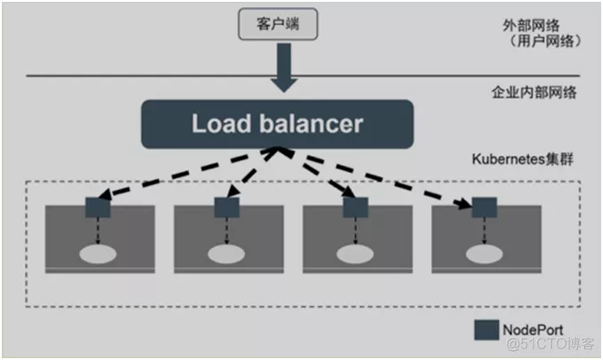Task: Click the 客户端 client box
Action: tap(278, 24)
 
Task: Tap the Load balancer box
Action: tap(277, 124)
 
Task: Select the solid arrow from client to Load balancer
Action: tap(284, 68)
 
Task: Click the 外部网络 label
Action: tap(531, 25)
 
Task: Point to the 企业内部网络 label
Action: tap(534, 93)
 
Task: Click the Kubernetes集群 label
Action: tap(523, 159)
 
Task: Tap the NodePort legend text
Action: tap(533, 330)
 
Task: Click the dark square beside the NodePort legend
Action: tap(486, 330)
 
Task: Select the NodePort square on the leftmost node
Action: tap(98, 208)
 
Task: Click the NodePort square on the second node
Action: tap(226, 208)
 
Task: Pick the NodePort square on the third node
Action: tap(355, 208)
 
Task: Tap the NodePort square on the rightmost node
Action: tap(485, 208)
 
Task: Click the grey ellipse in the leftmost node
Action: tap(98, 254)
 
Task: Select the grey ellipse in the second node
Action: tap(226, 254)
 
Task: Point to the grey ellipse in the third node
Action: tap(355, 254)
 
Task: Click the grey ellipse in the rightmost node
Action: tap(485, 254)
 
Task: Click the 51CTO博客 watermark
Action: tap(550, 343)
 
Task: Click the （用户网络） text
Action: tap(544, 41)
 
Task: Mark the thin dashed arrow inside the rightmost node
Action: tap(485, 231)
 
